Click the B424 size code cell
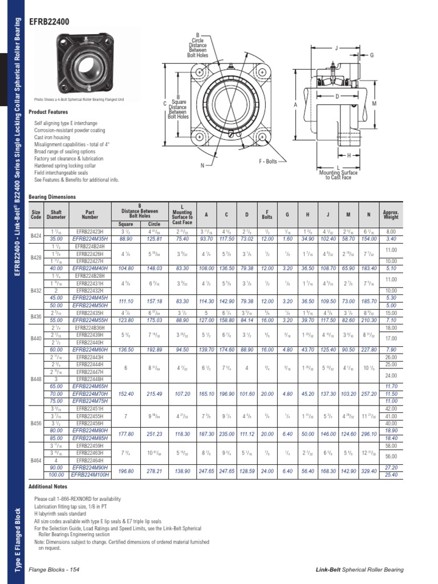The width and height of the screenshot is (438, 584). (x=36, y=234)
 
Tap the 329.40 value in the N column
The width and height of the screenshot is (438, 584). (x=370, y=471)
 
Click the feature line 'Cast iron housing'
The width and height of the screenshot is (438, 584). (x=52, y=137)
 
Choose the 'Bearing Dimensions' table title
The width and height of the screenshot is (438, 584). (x=51, y=196)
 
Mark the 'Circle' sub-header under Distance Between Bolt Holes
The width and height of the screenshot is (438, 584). (x=154, y=224)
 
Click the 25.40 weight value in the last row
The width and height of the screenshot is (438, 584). (x=391, y=474)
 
